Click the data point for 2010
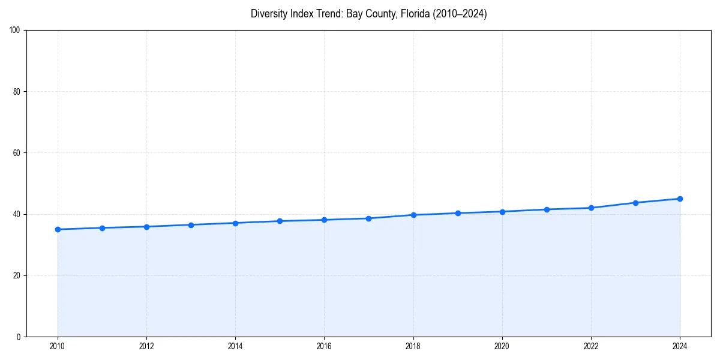tap(58, 229)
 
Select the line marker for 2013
tap(191, 225)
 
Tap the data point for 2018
tap(413, 215)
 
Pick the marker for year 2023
tap(635, 203)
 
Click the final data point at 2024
tap(680, 199)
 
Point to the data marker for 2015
tap(280, 221)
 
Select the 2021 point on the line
tap(547, 209)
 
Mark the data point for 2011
tap(102, 228)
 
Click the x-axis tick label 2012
tap(146, 346)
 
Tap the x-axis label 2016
tap(324, 346)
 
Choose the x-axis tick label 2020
tap(502, 346)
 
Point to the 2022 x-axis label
tap(591, 346)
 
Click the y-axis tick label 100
tap(15, 31)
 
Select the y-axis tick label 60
tap(17, 153)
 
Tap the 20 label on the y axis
tap(17, 275)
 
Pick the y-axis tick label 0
tap(19, 337)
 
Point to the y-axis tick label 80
tap(17, 92)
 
